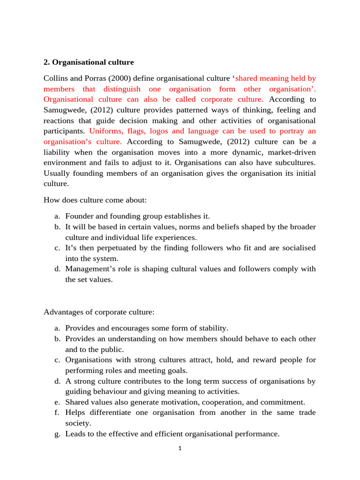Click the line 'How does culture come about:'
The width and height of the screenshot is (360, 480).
pyautogui.click(x=95, y=200)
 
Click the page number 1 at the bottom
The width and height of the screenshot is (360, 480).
pyautogui.click(x=180, y=449)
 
